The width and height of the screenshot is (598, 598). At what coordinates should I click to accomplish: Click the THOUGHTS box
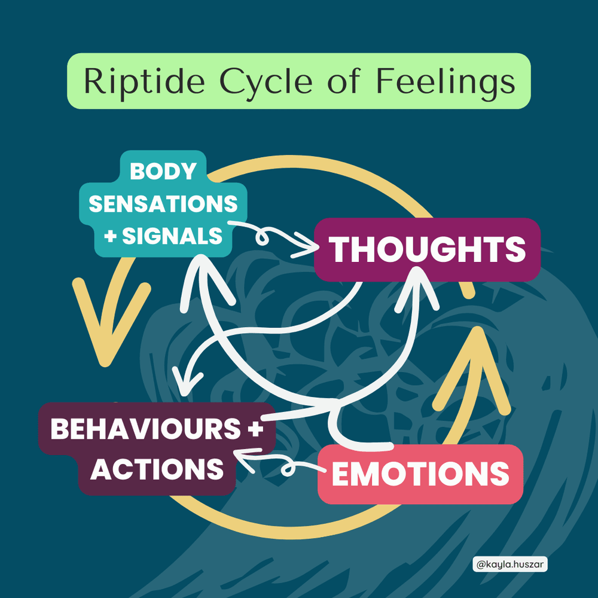(428, 249)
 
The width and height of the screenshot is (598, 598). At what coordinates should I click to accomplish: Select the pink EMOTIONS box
(420, 474)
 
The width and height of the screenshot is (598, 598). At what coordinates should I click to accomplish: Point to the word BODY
(163, 172)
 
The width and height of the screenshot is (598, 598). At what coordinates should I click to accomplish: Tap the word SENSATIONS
(163, 204)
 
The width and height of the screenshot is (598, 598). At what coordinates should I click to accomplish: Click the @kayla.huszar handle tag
(510, 564)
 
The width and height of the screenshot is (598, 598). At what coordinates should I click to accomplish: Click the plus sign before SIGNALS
(111, 236)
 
